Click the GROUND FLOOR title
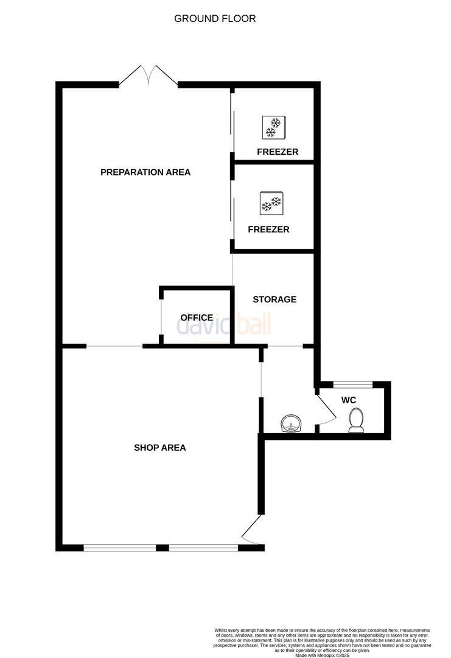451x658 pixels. pos(215,18)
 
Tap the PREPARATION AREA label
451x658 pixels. pos(145,172)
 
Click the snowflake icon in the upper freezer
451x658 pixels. pos(273,127)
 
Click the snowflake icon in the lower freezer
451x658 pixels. pos(271,203)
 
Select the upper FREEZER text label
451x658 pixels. pos(277,152)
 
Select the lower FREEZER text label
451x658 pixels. pos(268,230)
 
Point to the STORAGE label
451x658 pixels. pos(274,299)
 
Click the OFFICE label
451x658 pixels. pos(197,317)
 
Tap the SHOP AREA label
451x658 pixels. pos(159,448)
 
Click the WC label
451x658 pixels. pos(349,400)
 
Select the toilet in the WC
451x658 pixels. pos(355,420)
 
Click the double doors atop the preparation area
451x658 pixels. pos(148,75)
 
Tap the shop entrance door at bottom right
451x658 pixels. pos(252,530)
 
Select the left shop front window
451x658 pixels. pos(120,548)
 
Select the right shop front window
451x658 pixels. pos(203,548)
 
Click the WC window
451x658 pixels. pos(352,384)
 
